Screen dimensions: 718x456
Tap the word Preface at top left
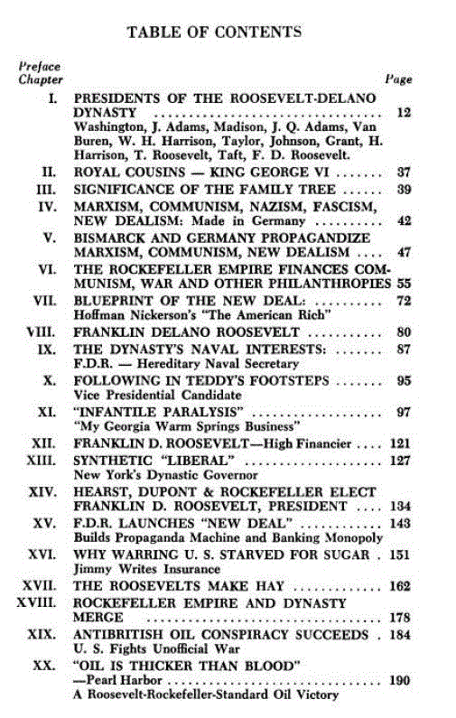click(x=40, y=66)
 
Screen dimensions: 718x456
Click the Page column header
click(x=399, y=79)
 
